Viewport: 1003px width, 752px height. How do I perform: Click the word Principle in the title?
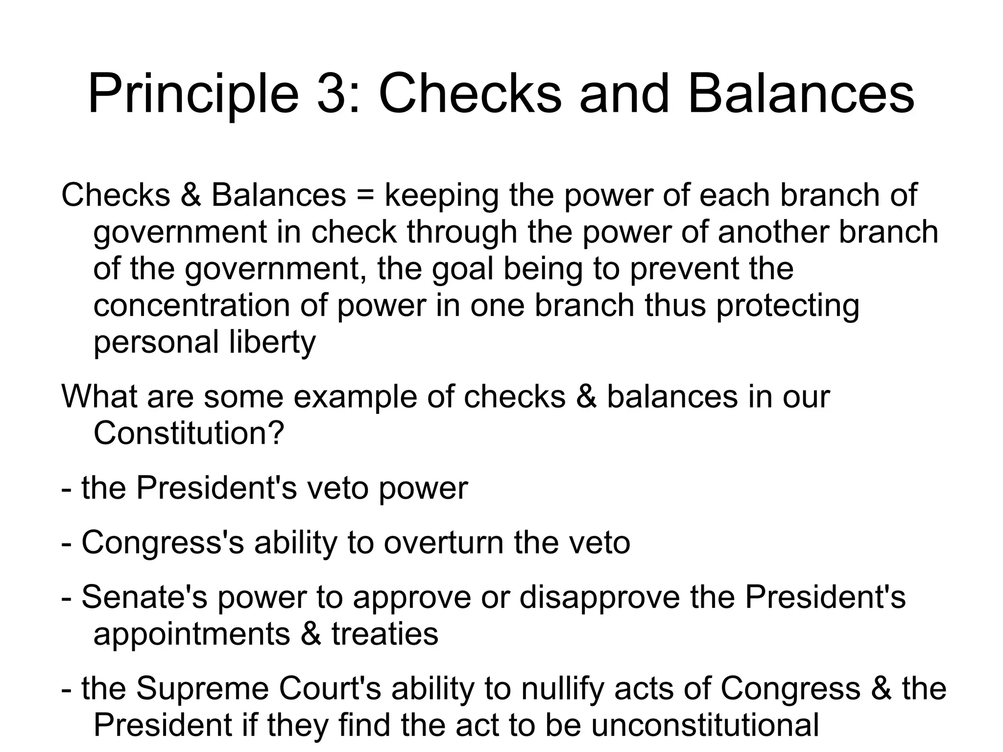tap(193, 93)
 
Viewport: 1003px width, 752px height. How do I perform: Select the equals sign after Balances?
tap(365, 195)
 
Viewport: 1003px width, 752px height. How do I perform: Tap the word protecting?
tap(788, 306)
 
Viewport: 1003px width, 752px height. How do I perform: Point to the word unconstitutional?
tap(705, 725)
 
